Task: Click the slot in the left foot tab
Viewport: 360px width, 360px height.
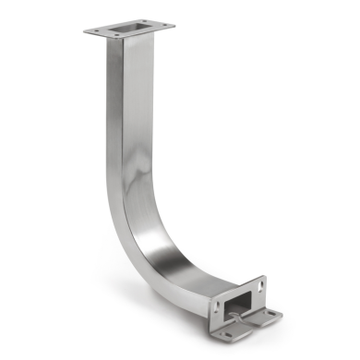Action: click(x=223, y=330)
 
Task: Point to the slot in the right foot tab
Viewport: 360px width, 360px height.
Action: click(x=271, y=317)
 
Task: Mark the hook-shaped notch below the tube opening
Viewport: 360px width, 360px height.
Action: click(x=243, y=321)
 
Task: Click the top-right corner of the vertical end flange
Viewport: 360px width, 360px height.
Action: click(x=264, y=277)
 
